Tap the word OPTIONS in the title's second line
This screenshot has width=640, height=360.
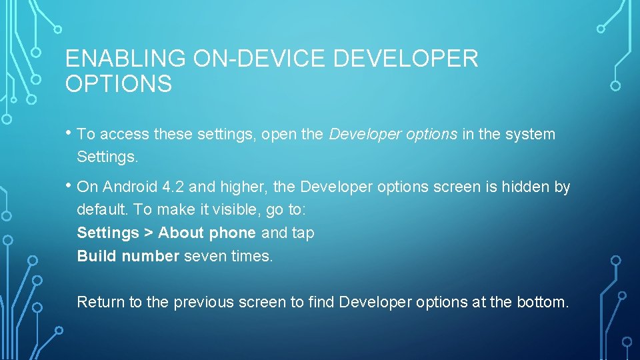tap(119, 85)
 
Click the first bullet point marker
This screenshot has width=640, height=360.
tap(69, 132)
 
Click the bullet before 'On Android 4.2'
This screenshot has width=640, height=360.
tap(69, 185)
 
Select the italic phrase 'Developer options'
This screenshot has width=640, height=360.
tap(393, 135)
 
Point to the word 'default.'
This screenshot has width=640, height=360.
tap(103, 210)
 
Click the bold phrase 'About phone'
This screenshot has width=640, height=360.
tap(207, 233)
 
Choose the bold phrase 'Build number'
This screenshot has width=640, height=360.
tap(128, 256)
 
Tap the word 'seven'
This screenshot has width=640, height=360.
tap(204, 256)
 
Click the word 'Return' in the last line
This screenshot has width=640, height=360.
tap(101, 302)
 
